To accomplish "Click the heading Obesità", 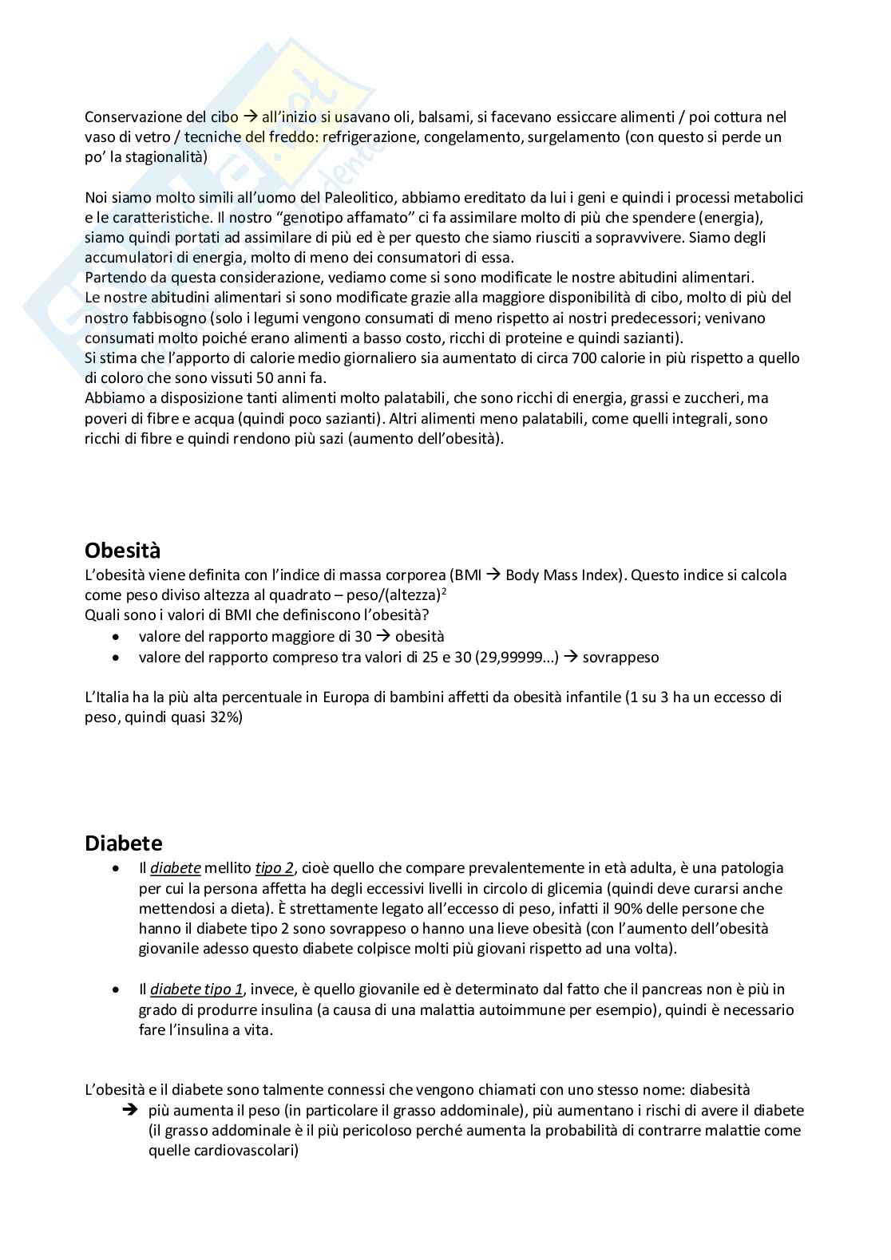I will pos(122,551).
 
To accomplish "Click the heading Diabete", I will pos(123,843).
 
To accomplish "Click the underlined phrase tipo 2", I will pos(274,868).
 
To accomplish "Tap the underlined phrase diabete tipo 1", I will pos(196,989).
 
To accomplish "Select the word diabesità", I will pos(719,1090).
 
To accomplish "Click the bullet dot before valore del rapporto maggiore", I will pos(118,637).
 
